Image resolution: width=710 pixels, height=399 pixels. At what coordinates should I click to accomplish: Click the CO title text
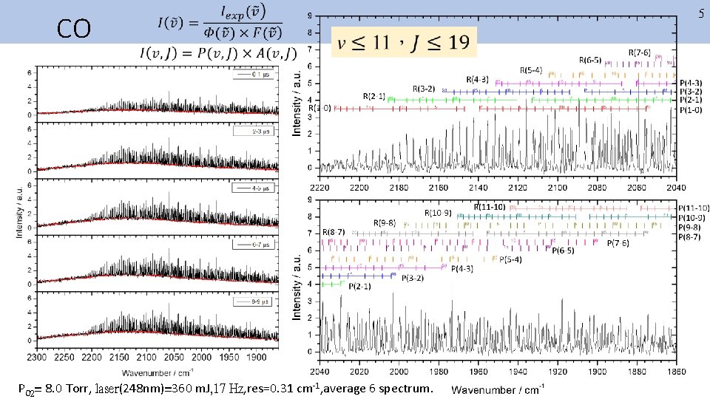74,29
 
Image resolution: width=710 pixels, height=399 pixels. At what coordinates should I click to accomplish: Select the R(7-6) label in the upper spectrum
640,52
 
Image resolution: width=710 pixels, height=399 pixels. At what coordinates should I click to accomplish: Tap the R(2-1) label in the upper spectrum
373,97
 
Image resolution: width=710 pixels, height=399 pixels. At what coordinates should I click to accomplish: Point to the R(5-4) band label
530,69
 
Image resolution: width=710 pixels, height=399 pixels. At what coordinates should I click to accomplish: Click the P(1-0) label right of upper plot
691,111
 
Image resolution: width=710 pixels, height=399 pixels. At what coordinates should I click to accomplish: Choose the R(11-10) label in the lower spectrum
490,205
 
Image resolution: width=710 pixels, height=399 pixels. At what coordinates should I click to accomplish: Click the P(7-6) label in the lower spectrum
618,243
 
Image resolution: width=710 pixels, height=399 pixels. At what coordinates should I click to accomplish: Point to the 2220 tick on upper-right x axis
319,188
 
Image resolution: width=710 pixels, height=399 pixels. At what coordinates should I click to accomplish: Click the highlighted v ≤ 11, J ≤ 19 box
404,42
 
